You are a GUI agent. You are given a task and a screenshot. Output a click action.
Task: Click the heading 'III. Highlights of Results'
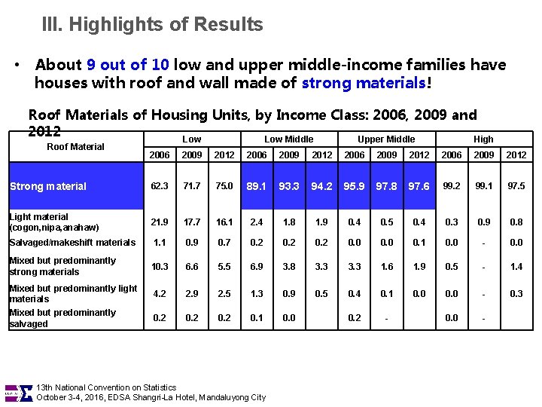coord(153,25)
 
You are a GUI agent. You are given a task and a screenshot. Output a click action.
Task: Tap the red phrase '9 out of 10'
coord(128,65)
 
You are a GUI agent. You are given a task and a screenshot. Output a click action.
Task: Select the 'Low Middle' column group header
coord(289,139)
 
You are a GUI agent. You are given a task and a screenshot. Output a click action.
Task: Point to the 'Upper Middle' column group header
coord(386,139)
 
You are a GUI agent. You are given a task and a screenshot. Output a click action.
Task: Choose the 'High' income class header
coord(483,139)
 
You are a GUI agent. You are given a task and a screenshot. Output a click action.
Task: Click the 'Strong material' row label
coord(48,186)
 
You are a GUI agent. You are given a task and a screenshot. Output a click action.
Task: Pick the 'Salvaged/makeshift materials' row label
coord(73,242)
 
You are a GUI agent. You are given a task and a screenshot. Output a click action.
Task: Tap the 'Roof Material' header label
coord(75,146)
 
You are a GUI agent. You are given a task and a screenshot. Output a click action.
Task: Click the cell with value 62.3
coord(160,186)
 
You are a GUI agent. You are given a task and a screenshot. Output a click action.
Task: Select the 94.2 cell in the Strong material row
coord(321,186)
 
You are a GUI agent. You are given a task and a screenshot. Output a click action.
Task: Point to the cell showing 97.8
coord(387,186)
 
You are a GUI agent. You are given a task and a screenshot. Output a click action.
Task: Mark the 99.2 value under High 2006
coord(452,186)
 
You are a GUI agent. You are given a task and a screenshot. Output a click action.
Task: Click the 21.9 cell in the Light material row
coord(160,222)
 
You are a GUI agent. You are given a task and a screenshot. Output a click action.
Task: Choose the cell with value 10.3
coord(160,266)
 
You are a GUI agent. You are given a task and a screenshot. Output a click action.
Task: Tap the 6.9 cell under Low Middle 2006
coord(257,266)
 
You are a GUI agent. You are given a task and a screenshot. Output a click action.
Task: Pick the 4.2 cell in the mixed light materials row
coord(160,293)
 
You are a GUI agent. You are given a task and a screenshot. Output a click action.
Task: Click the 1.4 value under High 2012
coord(516,266)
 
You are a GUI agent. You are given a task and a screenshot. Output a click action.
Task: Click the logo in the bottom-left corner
coord(20,392)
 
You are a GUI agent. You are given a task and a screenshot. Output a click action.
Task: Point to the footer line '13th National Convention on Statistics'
coord(106,387)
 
